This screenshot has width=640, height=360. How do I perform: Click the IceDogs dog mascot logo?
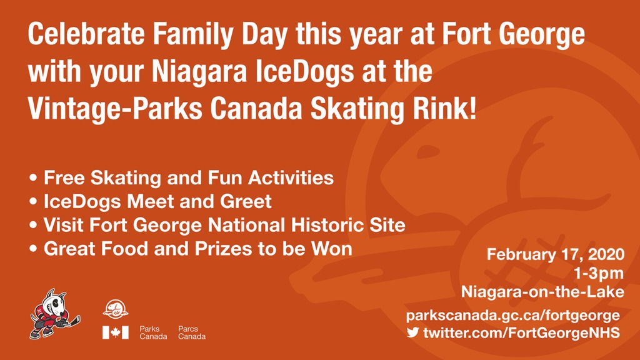(x=55, y=314)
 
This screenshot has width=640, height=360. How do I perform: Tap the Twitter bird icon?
(x=412, y=332)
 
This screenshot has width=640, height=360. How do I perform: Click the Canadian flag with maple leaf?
(x=116, y=332)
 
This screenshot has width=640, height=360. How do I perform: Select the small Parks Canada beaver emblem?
(x=116, y=309)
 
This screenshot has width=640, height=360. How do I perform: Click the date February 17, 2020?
(x=556, y=255)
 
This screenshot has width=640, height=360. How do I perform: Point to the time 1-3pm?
(x=599, y=273)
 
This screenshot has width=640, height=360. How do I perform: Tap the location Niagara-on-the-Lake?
(x=543, y=292)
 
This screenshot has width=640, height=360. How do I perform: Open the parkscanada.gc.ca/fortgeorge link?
(x=513, y=316)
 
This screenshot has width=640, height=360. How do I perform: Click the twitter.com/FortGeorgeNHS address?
(x=522, y=332)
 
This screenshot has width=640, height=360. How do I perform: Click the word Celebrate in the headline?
(x=86, y=34)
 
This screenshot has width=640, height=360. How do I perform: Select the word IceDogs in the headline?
(x=304, y=71)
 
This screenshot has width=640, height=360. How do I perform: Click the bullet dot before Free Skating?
(x=34, y=178)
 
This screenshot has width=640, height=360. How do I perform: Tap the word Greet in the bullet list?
(x=246, y=202)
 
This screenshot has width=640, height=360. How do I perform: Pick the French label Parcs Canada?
(x=192, y=332)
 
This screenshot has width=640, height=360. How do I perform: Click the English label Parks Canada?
(x=154, y=332)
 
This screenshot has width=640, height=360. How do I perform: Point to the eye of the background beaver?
(x=428, y=152)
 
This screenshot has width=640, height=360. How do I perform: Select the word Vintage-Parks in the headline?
(x=115, y=109)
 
